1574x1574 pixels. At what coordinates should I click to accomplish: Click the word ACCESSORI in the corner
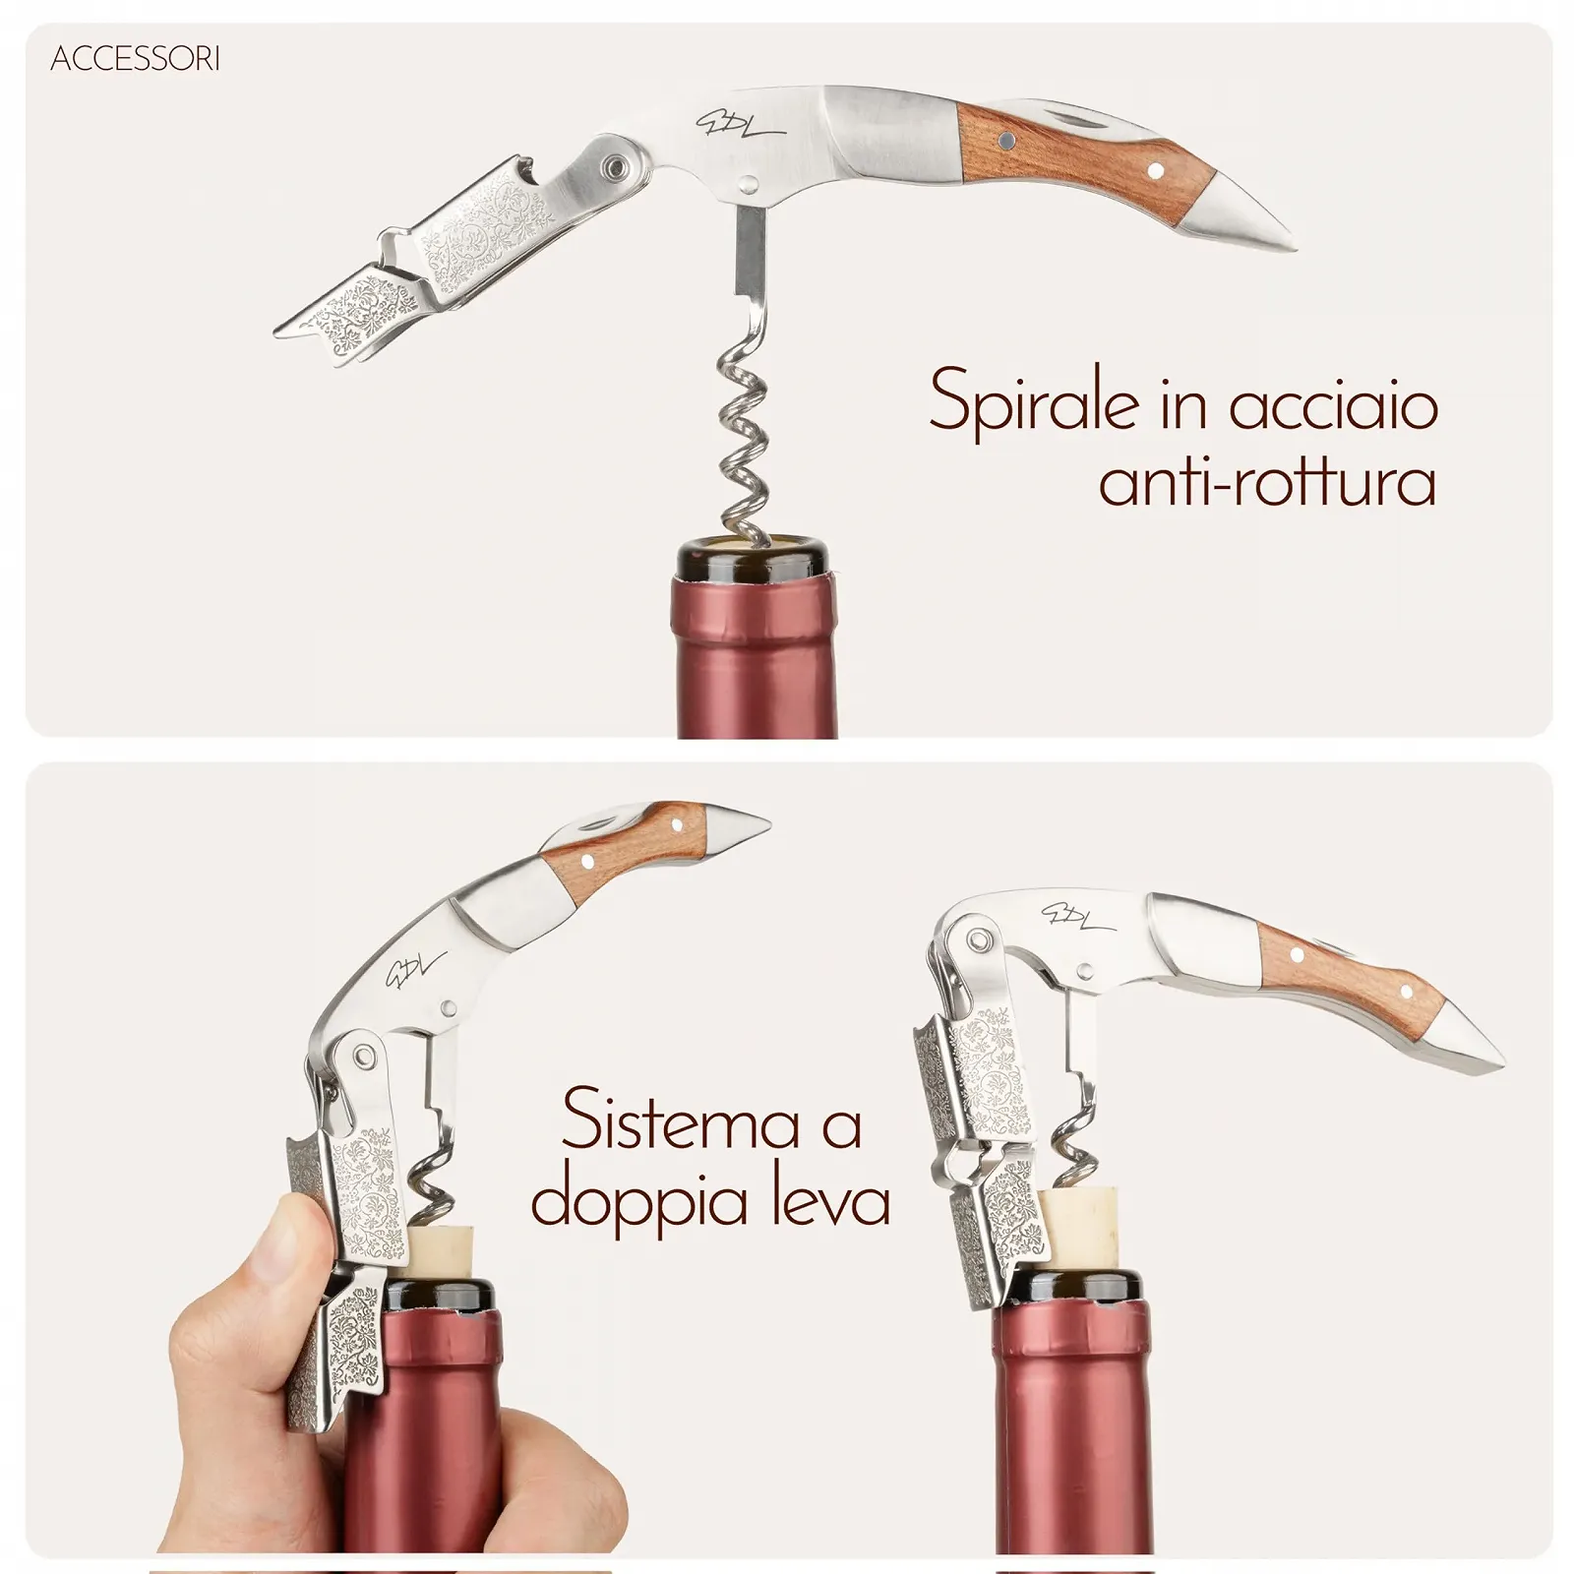(135, 60)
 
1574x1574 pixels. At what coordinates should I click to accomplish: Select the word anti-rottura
(1267, 482)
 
